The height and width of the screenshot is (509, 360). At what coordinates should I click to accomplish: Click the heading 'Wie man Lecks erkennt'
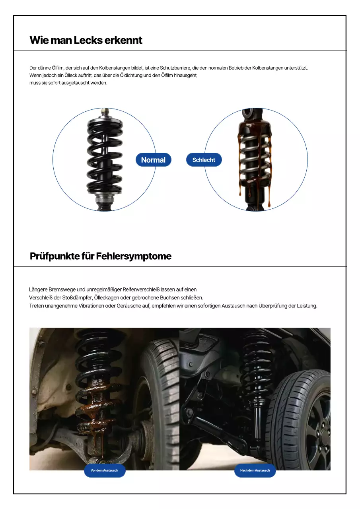point(86,40)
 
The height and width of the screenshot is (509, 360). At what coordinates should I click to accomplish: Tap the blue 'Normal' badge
point(153,160)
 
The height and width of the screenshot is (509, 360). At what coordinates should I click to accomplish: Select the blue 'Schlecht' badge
point(204,160)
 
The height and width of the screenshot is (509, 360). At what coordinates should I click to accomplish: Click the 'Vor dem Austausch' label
point(105,470)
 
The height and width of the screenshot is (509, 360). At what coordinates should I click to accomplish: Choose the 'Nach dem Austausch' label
point(255,470)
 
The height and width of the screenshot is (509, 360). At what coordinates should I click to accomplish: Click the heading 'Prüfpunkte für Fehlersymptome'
point(101,256)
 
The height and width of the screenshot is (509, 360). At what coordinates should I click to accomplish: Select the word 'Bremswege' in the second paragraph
point(61,289)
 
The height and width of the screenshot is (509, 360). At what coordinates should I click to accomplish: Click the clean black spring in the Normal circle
point(105,155)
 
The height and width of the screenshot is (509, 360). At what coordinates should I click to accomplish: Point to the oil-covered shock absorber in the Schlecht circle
point(255,159)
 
